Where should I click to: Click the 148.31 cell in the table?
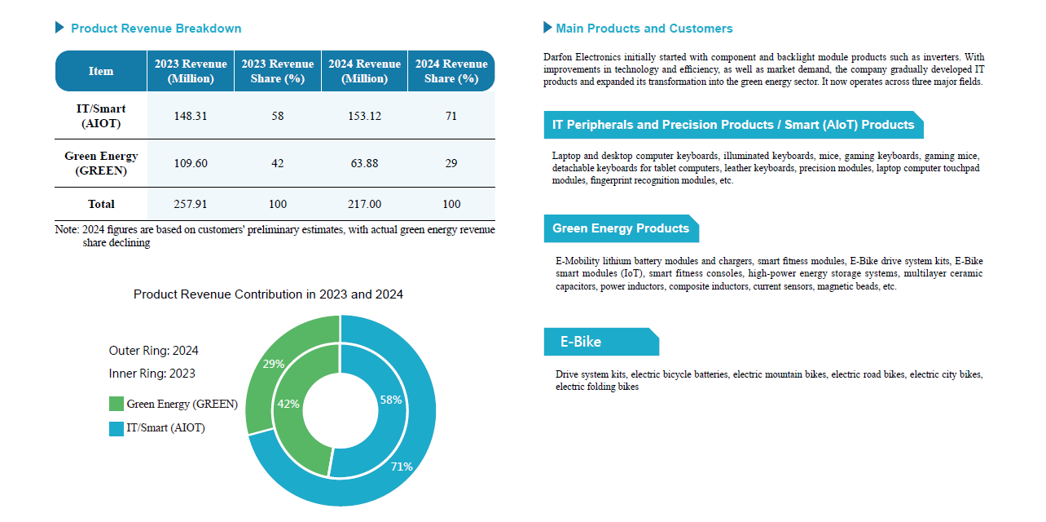point(191,116)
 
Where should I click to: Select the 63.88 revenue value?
point(364,163)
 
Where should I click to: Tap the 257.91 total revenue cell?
point(191,204)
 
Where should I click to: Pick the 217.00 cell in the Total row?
point(364,204)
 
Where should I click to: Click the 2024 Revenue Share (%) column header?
point(451,71)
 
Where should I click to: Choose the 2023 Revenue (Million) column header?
point(191,71)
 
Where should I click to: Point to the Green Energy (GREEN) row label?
point(101,163)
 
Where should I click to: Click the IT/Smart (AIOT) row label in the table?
point(101,116)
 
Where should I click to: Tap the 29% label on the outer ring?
point(274,364)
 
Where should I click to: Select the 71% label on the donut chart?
point(402,467)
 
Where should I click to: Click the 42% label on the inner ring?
point(288,403)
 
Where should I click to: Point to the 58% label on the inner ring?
point(391,400)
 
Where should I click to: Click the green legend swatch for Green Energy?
point(116,404)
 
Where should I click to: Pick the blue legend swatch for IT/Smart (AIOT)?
point(116,428)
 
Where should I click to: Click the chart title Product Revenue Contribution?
point(268,294)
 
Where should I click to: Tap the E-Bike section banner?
point(600,342)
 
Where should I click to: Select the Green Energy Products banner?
point(621,228)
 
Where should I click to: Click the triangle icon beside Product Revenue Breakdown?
point(59,28)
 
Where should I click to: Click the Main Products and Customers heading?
point(644,29)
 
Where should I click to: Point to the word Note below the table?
point(66,230)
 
